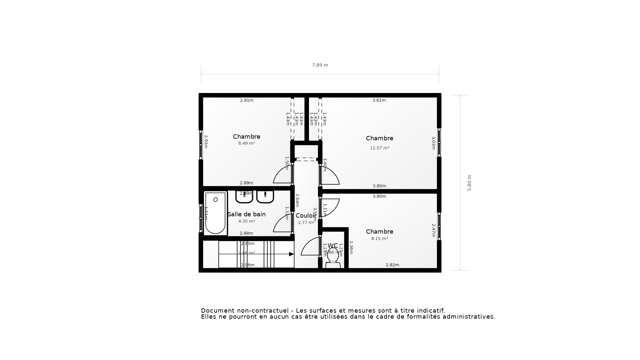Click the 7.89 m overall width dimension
tap(320, 65)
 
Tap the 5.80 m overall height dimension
tap(469, 183)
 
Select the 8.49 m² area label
tap(247, 143)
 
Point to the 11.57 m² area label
tap(380, 148)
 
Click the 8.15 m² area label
tap(380, 239)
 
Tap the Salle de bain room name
tap(247, 214)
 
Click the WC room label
tap(333, 246)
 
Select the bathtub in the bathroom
tap(215, 213)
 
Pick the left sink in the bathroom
tap(244, 197)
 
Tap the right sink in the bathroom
tap(265, 197)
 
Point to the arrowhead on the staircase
tap(291, 254)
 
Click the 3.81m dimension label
tap(379, 100)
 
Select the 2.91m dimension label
tap(247, 100)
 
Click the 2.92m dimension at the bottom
tap(392, 265)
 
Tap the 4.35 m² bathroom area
tap(247, 221)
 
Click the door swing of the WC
tap(310, 247)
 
